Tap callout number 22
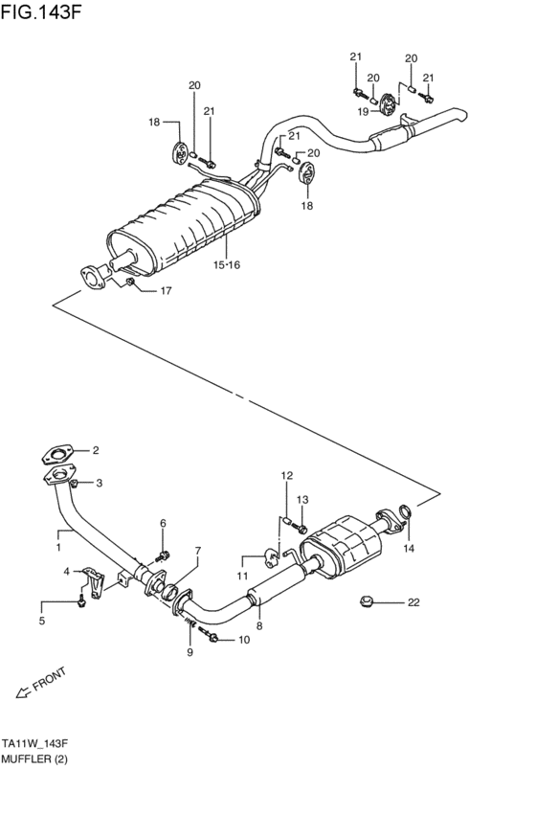[413, 602]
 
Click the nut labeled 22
[365, 601]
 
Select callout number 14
[409, 549]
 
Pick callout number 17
[166, 291]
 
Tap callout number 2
[95, 450]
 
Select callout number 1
[58, 547]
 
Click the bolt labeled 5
[82, 600]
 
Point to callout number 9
[190, 652]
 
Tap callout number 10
[243, 640]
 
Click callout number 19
[364, 112]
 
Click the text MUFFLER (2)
[35, 759]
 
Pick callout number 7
[198, 551]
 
